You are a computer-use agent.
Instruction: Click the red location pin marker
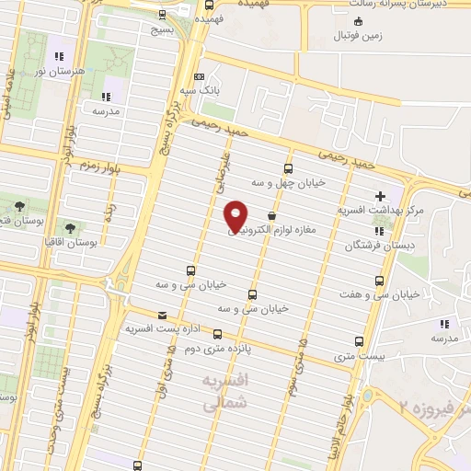click(236, 215)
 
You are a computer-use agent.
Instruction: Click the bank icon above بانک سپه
click(201, 76)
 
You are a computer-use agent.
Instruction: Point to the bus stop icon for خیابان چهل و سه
click(288, 168)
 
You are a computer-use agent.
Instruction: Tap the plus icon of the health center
click(381, 196)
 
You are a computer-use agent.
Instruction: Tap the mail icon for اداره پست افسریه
click(163, 314)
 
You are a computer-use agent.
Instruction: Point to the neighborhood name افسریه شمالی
click(226, 388)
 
